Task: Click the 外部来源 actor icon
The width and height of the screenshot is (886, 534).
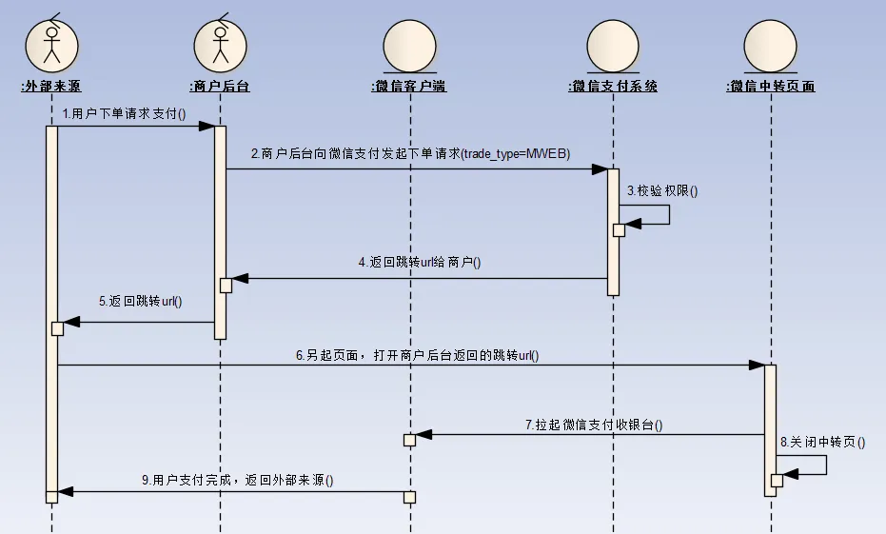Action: point(51,44)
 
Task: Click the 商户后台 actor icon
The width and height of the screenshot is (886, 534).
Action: point(221,44)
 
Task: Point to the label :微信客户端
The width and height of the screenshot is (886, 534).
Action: point(409,87)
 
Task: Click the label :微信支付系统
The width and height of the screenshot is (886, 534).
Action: point(613,87)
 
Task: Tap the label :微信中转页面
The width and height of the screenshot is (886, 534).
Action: point(770,87)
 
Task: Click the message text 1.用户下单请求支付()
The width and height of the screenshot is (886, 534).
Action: point(125,113)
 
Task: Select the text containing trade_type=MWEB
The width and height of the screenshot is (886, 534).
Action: point(410,154)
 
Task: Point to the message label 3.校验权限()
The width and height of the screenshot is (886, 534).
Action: point(661,191)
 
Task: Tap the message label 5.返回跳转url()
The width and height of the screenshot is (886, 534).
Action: point(140,302)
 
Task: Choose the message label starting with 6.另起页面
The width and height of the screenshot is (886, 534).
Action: point(417,356)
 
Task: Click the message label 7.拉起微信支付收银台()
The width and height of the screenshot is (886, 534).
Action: point(594,425)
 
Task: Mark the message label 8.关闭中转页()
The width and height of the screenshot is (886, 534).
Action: point(822,443)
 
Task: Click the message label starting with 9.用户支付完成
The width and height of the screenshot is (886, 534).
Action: point(237,481)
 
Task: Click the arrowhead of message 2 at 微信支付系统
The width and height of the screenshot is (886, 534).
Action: point(600,169)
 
